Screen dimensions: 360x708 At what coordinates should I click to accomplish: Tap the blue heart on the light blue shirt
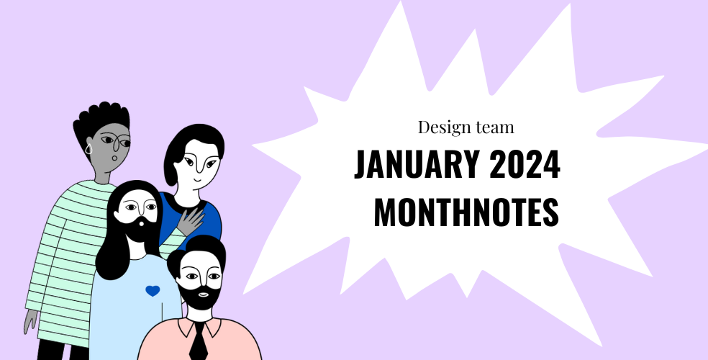(152, 291)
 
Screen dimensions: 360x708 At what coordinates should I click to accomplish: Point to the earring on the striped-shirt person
(89, 149)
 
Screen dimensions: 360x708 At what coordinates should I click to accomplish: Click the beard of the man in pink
(198, 296)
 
